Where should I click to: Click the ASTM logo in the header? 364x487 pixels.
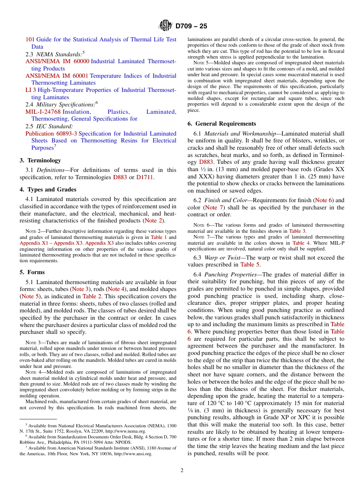pos(166,26)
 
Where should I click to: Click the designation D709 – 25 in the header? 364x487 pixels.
pos(191,26)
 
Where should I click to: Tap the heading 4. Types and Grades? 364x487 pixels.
pos(48,190)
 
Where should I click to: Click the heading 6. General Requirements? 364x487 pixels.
pos(222,124)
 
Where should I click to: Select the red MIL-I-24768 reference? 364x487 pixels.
pos(43,112)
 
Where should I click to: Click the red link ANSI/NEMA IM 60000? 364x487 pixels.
pos(57,61)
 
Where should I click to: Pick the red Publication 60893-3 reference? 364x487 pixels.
pos(51,134)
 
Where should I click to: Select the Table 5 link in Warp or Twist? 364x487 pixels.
pos(250,265)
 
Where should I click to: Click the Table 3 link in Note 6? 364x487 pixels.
pos(297,231)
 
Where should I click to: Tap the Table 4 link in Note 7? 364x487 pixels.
pos(298,243)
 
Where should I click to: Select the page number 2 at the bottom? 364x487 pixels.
pos(182,471)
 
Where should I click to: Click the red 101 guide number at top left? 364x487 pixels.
pos(30,39)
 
